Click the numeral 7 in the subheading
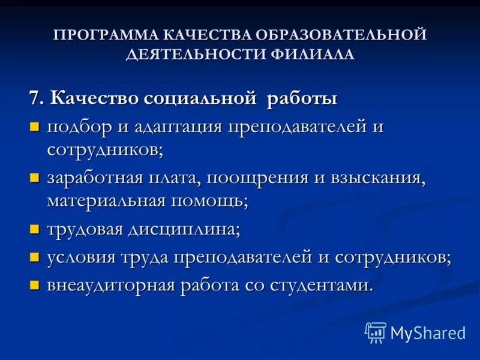35,98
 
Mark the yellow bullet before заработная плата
35,178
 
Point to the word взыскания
373,178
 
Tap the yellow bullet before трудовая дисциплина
35,230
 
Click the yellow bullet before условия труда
35,257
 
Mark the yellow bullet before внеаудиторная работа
35,285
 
